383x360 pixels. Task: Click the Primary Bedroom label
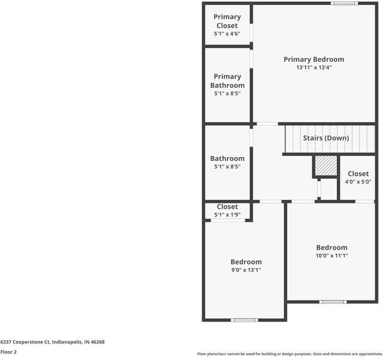coord(313,59)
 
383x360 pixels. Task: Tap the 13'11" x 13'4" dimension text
coord(313,68)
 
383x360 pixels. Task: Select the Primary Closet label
coord(227,21)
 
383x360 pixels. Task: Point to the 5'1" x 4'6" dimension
coord(227,34)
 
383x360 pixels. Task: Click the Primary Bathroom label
coord(227,80)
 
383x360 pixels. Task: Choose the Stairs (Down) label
coord(325,138)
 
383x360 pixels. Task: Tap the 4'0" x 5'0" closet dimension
coord(358,182)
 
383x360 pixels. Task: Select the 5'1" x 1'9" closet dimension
coord(227,215)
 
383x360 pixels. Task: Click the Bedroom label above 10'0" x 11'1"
coord(331,247)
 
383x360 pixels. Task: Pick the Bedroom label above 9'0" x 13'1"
coord(246,262)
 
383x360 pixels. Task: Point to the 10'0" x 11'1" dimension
coord(331,256)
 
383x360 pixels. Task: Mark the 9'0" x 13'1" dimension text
coord(246,270)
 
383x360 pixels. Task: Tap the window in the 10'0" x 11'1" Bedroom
coord(331,301)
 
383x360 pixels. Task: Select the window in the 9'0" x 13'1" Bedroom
coord(244,320)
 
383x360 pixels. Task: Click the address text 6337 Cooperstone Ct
coord(52,342)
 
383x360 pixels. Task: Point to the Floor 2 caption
coord(8,352)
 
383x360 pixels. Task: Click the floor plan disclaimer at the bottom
coord(289,354)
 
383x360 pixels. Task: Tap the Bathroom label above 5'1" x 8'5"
coord(227,158)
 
